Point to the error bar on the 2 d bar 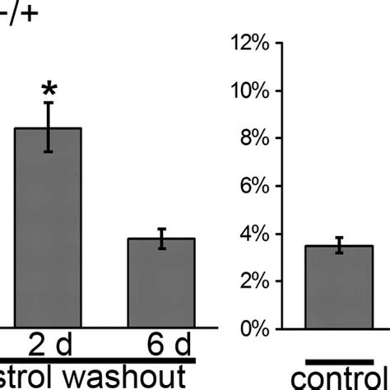click(x=49, y=127)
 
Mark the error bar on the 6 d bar click(x=161, y=239)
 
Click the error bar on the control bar click(x=338, y=245)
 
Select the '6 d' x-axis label click(x=161, y=345)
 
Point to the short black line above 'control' click(x=339, y=360)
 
